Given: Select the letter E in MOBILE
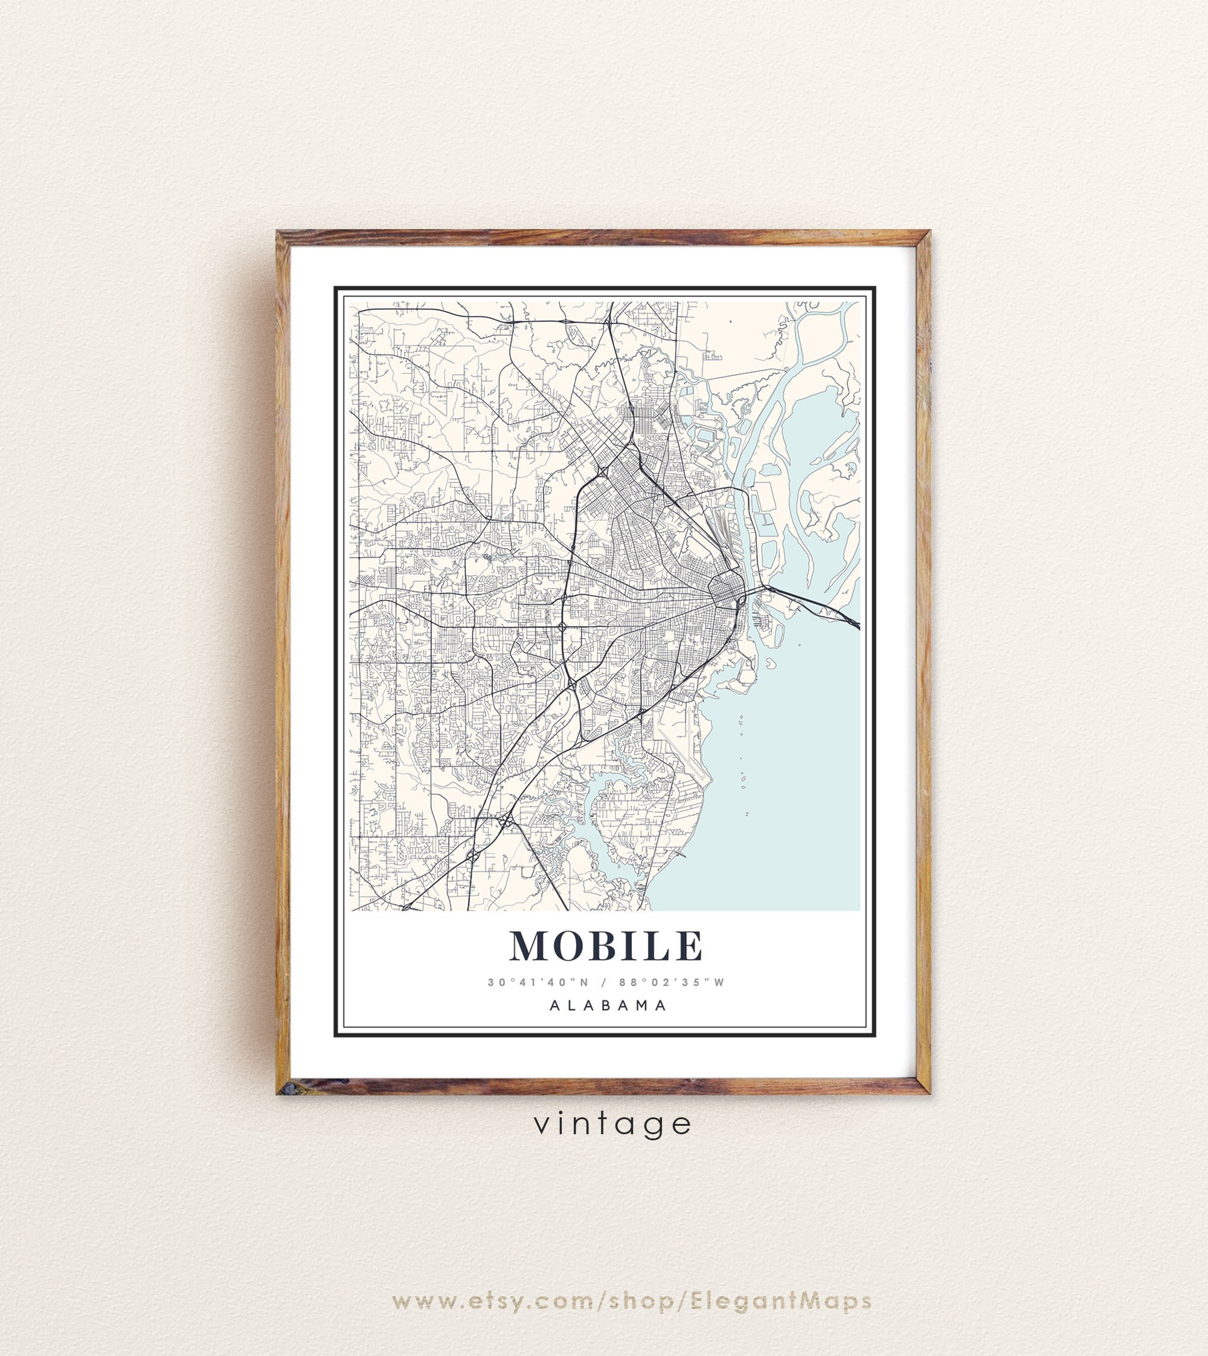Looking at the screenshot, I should [x=690, y=946].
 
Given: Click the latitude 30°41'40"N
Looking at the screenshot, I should [x=538, y=982].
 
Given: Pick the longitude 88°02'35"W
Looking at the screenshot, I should [x=672, y=982].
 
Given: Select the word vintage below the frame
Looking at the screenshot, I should [x=612, y=1124].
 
